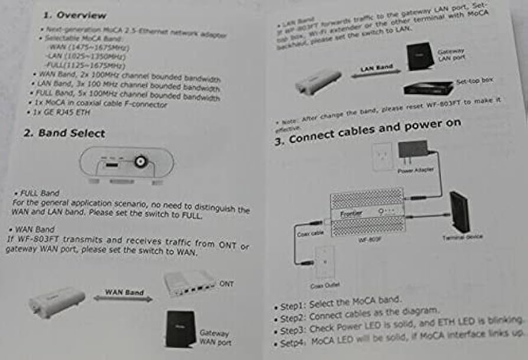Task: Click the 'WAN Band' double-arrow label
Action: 124,292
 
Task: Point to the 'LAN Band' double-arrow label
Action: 376,68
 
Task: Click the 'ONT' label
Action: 226,284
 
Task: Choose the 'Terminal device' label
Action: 462,237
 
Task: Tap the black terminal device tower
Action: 459,211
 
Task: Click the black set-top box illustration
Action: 427,88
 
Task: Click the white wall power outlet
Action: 383,156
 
